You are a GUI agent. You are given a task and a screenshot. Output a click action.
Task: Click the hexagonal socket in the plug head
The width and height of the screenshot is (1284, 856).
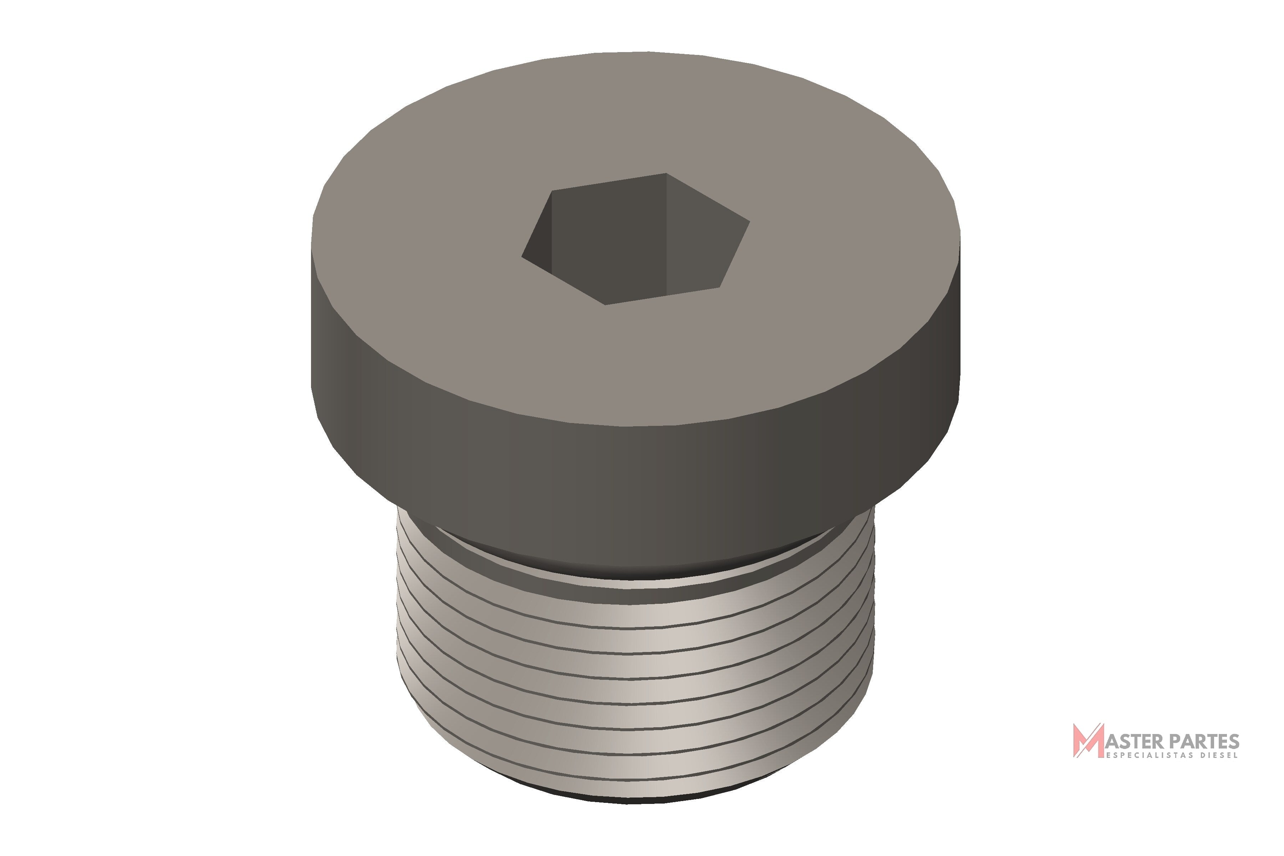click(x=636, y=239)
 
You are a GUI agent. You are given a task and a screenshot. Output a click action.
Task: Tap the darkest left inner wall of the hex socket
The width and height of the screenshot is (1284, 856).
click(x=537, y=235)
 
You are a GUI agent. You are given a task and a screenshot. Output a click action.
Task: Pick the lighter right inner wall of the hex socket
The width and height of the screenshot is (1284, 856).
click(x=704, y=235)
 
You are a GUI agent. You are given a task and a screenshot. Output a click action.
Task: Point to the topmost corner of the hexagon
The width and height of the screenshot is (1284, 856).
click(x=667, y=174)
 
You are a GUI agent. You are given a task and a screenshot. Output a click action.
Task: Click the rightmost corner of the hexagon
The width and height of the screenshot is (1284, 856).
click(x=750, y=221)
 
